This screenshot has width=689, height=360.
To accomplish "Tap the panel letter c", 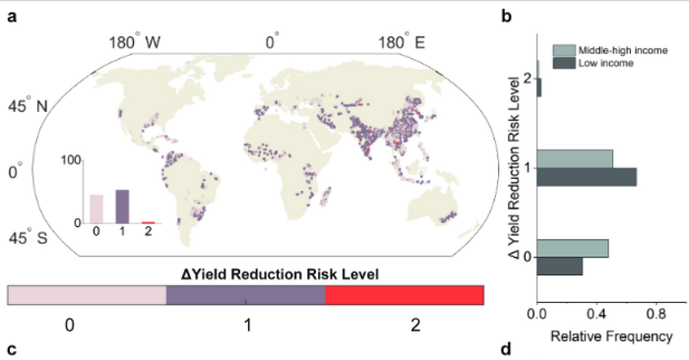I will point(11,348).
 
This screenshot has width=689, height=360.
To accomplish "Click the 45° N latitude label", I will point(27,106).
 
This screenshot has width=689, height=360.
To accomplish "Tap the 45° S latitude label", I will point(27,239).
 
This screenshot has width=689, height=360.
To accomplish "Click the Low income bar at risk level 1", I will point(587,177).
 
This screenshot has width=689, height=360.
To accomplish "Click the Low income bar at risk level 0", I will point(560,267).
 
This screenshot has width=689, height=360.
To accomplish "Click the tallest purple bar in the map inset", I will point(122,207).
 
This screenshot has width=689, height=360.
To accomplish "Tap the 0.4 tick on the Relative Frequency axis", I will point(596,316).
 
